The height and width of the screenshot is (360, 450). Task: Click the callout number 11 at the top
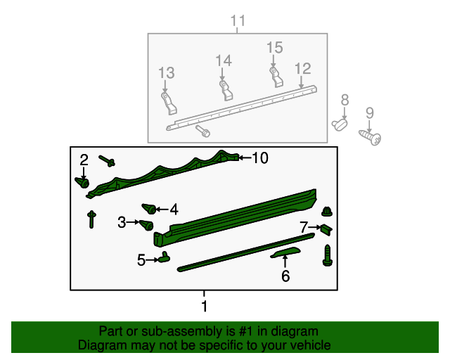[238, 21]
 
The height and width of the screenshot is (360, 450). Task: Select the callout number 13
[166, 72]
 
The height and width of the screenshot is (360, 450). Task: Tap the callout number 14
[224, 61]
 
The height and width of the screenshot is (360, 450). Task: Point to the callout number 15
[274, 47]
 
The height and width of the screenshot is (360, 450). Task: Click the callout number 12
[302, 68]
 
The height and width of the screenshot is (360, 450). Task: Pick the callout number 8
[345, 100]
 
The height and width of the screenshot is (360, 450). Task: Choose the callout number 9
[369, 112]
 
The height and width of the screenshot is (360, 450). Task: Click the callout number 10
[259, 158]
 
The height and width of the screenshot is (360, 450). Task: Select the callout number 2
[84, 160]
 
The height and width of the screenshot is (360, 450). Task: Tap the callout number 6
[285, 276]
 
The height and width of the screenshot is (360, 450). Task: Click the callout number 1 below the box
[205, 307]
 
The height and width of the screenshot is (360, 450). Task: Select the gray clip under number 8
[341, 124]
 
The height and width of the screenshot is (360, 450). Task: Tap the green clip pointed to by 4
[149, 209]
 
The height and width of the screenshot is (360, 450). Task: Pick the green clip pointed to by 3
[147, 225]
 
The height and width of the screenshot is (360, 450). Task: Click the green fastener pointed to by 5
[164, 257]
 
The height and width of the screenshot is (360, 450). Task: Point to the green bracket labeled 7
[327, 229]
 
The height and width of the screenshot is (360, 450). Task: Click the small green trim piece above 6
[285, 252]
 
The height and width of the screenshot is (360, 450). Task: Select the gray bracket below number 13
[169, 103]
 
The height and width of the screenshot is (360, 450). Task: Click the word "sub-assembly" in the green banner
[167, 331]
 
